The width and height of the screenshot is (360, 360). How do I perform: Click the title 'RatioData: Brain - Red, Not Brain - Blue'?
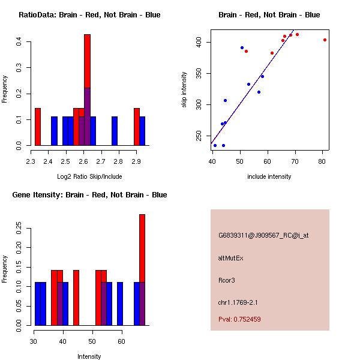pos(89,15)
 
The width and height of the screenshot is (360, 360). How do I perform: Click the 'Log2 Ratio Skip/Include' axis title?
pos(89,176)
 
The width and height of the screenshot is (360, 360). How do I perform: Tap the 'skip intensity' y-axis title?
pos(185,89)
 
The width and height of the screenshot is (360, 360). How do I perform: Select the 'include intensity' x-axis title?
pos(269,176)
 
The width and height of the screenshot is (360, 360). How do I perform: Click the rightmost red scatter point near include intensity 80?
pos(325,40)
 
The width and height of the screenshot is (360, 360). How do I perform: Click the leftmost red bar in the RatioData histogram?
pos(38,127)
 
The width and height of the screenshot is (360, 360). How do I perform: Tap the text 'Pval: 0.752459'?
pos(239,320)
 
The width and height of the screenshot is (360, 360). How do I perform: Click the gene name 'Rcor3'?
pos(227,280)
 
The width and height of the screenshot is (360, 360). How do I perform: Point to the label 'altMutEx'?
pos(231,258)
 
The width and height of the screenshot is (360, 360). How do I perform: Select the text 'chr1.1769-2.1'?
pos(238,302)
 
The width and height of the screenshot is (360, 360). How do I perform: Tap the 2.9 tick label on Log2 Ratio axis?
pos(136,161)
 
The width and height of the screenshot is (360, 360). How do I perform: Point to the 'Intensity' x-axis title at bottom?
pos(89,356)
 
